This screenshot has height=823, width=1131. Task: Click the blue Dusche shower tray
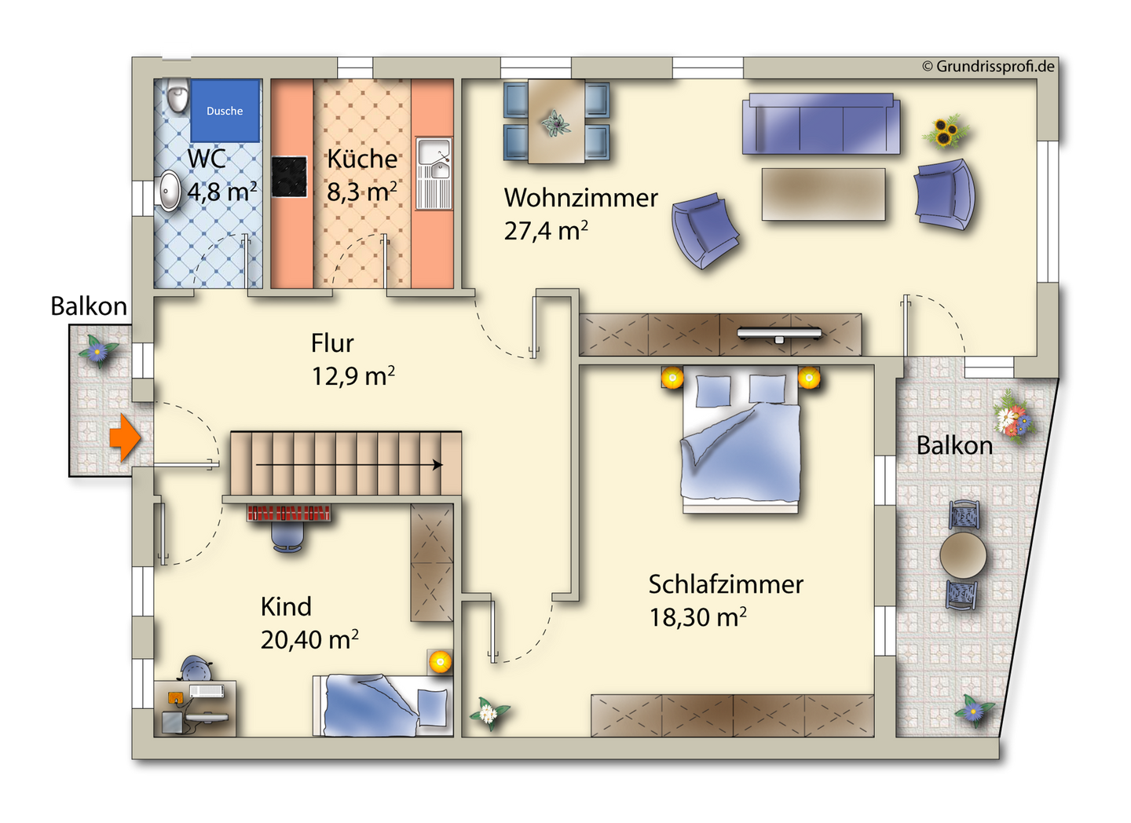[225, 111]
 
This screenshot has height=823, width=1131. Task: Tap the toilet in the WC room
[178, 94]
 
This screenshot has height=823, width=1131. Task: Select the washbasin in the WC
[169, 190]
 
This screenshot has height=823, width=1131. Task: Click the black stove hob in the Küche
[289, 177]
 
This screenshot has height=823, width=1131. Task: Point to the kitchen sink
[434, 174]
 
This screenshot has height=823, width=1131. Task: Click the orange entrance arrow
[125, 437]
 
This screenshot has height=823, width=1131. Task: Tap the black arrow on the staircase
[350, 465]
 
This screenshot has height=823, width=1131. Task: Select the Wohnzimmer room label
[580, 197]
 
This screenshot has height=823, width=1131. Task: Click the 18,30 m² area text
[697, 617]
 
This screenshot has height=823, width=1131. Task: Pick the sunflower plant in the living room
[946, 131]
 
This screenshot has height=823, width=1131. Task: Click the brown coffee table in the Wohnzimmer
[823, 195]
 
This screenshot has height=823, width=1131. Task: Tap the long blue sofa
[821, 124]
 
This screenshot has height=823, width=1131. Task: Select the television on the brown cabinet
[779, 334]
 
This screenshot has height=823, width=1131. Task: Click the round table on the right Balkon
[963, 555]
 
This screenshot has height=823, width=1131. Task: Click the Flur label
[332, 343]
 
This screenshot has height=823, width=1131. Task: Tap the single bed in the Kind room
[382, 705]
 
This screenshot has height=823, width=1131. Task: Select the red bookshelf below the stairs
[289, 513]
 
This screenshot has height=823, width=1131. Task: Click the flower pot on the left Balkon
[98, 349]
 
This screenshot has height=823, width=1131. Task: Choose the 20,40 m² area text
[309, 640]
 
